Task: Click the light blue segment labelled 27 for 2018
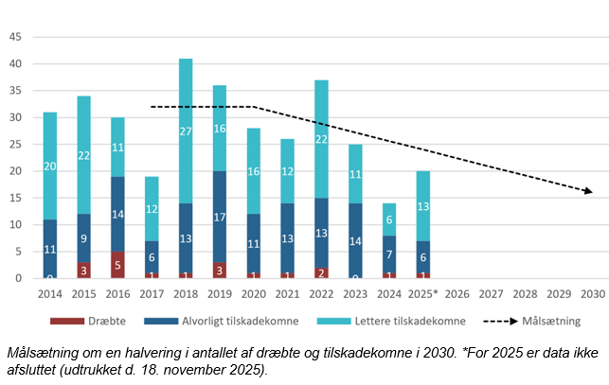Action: pos(186,131)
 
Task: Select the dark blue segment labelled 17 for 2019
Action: pos(220,217)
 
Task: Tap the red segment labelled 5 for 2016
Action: pos(117,265)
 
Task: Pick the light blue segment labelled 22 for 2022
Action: pos(322,138)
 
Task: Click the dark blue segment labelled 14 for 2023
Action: pos(356,240)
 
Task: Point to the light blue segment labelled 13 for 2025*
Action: pos(424,206)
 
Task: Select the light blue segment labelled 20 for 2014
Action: pos(50,166)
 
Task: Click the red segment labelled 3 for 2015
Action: pos(84,270)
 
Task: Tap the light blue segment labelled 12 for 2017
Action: pos(152,208)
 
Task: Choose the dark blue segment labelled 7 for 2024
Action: pos(390,254)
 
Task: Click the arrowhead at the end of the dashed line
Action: pos(589,192)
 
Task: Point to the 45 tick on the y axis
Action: pos(15,38)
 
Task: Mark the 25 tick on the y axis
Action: pos(15,145)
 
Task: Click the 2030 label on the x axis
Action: pos(593,294)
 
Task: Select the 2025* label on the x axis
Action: pos(424,294)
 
